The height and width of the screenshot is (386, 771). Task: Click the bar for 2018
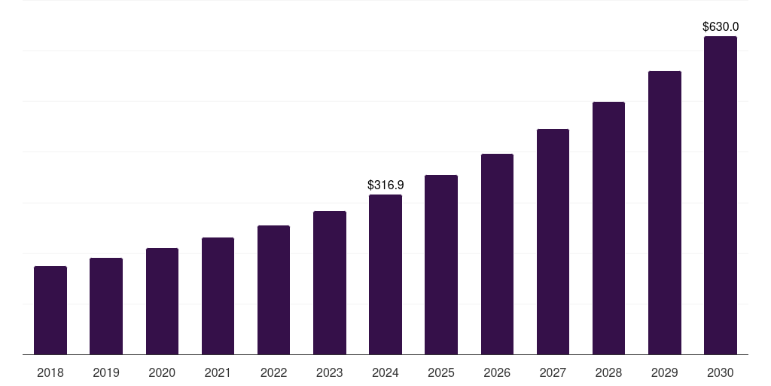(x=50, y=311)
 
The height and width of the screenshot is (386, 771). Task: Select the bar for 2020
(x=162, y=302)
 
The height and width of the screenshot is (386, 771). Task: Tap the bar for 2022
(x=273, y=290)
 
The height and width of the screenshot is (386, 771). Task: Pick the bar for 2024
(x=385, y=274)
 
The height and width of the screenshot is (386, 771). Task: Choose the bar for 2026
(x=497, y=254)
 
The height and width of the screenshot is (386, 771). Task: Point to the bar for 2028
(x=608, y=228)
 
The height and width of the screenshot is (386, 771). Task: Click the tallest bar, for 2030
(x=720, y=195)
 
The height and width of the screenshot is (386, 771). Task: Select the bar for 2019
(x=106, y=306)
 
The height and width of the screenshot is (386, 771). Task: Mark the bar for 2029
(x=664, y=213)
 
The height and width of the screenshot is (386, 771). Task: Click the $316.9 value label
(x=385, y=185)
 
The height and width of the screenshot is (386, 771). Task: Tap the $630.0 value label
(x=720, y=26)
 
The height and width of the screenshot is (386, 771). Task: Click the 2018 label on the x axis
(x=50, y=372)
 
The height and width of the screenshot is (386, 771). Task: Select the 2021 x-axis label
(x=218, y=372)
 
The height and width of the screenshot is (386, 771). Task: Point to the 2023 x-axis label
(x=329, y=372)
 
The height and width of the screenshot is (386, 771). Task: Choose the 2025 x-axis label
(x=441, y=372)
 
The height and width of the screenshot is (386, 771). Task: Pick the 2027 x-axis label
(x=553, y=372)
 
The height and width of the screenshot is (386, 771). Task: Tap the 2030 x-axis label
(x=720, y=372)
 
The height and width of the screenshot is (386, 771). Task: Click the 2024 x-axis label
(x=385, y=372)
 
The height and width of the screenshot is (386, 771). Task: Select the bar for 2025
(x=441, y=265)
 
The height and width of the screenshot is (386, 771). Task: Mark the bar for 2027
(x=553, y=242)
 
